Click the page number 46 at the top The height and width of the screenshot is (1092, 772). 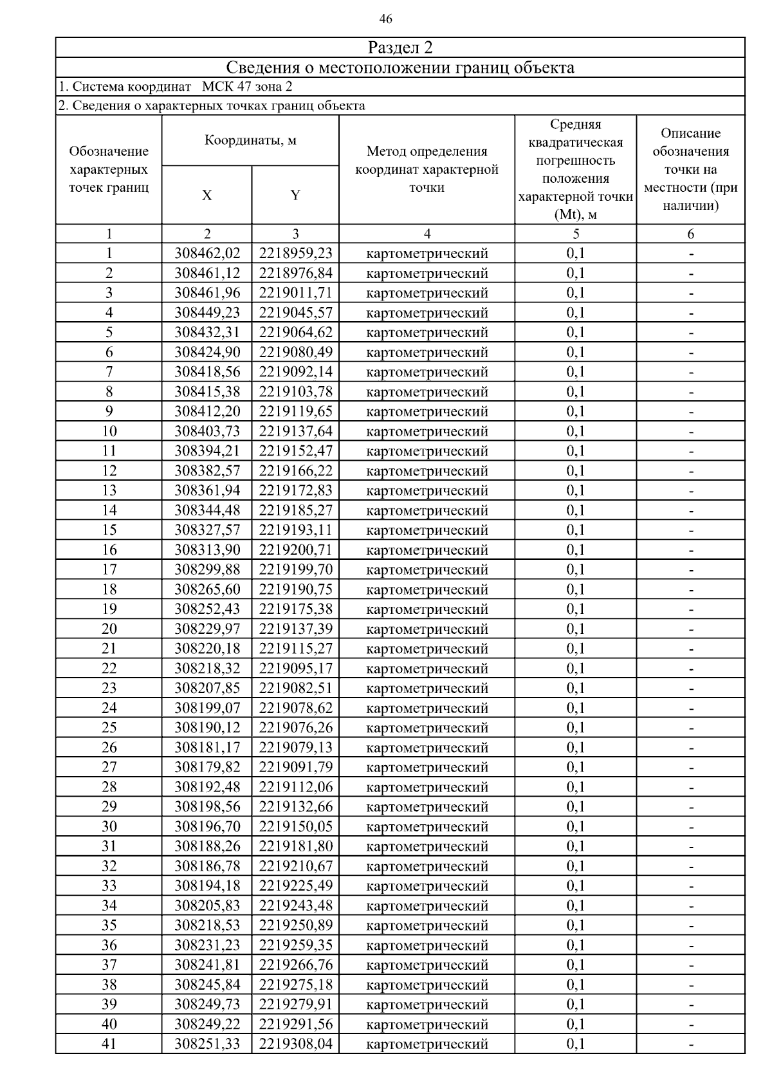pos(386,19)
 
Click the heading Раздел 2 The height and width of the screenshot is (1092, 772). pos(400,48)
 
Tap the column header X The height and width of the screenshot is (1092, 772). pos(207,195)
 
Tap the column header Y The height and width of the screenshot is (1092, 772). pos(295,195)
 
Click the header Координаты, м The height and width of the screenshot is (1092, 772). pos(250,140)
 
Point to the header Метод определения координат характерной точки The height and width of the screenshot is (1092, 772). pos(427,169)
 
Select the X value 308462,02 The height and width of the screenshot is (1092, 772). pos(207,254)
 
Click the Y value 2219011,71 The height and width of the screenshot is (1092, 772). pos(295,293)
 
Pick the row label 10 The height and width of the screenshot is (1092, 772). pos(109,431)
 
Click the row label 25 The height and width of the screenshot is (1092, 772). pos(109,728)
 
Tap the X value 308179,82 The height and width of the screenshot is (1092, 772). pos(207,767)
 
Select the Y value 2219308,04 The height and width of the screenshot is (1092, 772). pos(295,1044)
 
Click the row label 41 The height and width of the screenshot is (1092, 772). pos(109,1044)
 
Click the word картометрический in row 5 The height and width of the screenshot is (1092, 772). pos(427,333)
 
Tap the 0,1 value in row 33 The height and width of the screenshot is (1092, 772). pos(575,886)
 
